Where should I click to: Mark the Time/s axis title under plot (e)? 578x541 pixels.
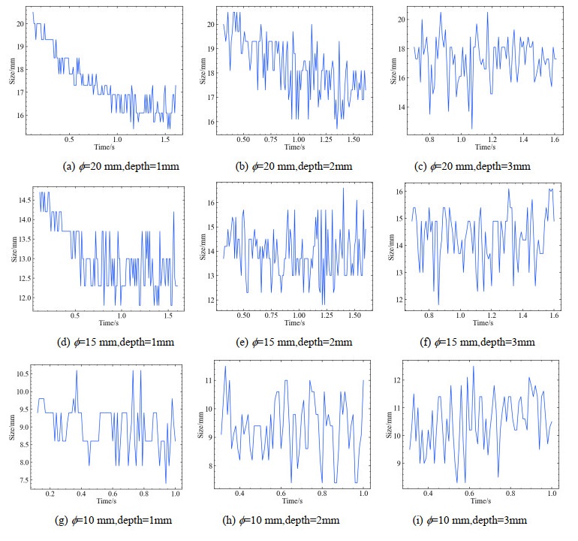tap(294, 324)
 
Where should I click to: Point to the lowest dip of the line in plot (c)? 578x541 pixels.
tap(471, 128)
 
